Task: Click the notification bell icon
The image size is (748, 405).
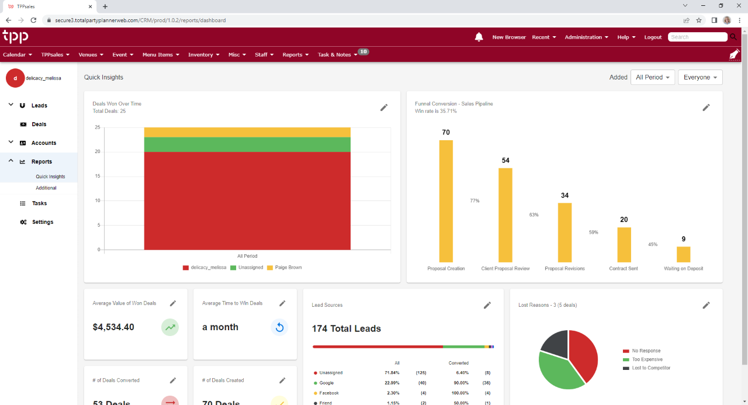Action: tap(479, 37)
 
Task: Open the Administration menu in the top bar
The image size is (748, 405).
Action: tap(586, 37)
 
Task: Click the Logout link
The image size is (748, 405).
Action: tap(653, 37)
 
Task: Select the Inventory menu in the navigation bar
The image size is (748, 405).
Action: tap(203, 54)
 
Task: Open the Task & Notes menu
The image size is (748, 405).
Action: tap(337, 54)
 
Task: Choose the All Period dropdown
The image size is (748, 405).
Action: tap(653, 77)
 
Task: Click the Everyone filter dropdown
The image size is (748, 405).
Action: tap(700, 77)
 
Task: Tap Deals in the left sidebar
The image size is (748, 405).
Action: tap(39, 124)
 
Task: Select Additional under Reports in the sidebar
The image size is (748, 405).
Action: tap(46, 188)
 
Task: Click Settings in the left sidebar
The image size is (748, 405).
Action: tap(43, 222)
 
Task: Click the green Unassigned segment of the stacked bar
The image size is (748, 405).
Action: tap(247, 144)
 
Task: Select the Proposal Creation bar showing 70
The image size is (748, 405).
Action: tap(446, 201)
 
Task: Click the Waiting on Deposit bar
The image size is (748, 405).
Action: tap(683, 254)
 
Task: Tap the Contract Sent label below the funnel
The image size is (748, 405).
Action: tap(624, 268)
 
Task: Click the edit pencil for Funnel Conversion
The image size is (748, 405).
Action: tap(706, 108)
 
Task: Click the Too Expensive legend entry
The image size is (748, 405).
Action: tap(647, 359)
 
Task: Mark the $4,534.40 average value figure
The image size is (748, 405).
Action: tap(113, 327)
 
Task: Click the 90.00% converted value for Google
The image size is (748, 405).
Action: tap(459, 383)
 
